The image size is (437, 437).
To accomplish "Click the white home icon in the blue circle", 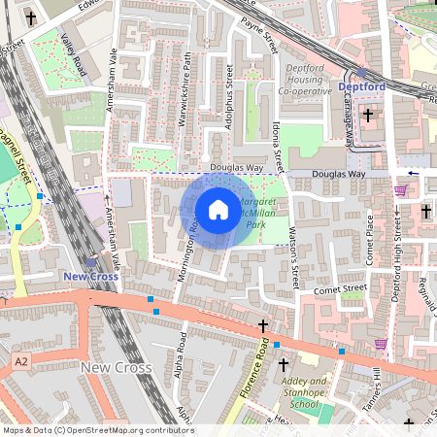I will click(x=218, y=210).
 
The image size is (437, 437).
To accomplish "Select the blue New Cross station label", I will click(x=90, y=277).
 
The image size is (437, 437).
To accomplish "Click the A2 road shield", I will click(x=21, y=361).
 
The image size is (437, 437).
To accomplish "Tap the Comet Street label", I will click(x=339, y=289).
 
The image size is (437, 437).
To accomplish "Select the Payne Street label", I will click(x=261, y=34).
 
